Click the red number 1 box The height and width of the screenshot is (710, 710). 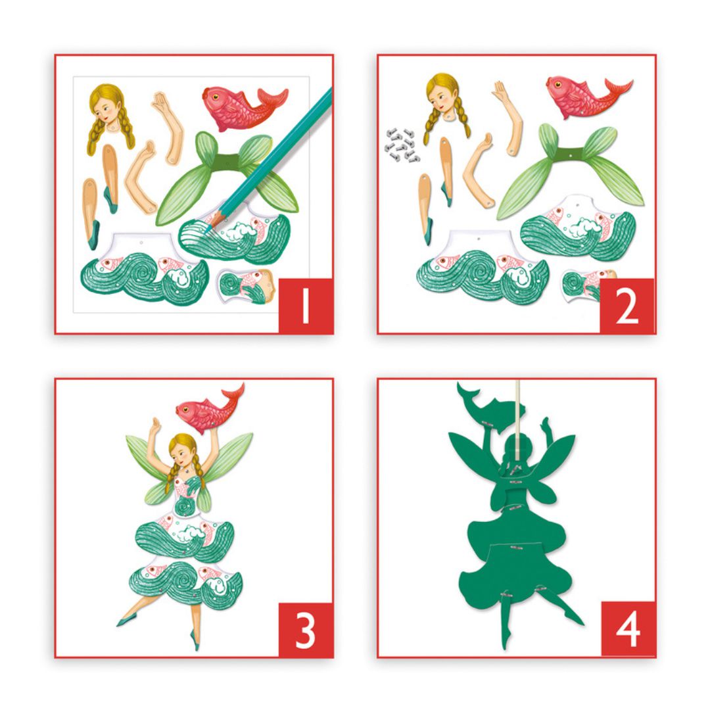[305, 306]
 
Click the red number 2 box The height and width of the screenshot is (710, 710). [627, 306]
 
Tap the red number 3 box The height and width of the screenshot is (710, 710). [305, 629]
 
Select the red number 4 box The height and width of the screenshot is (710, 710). [627, 629]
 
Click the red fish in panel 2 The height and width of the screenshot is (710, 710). [582, 92]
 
